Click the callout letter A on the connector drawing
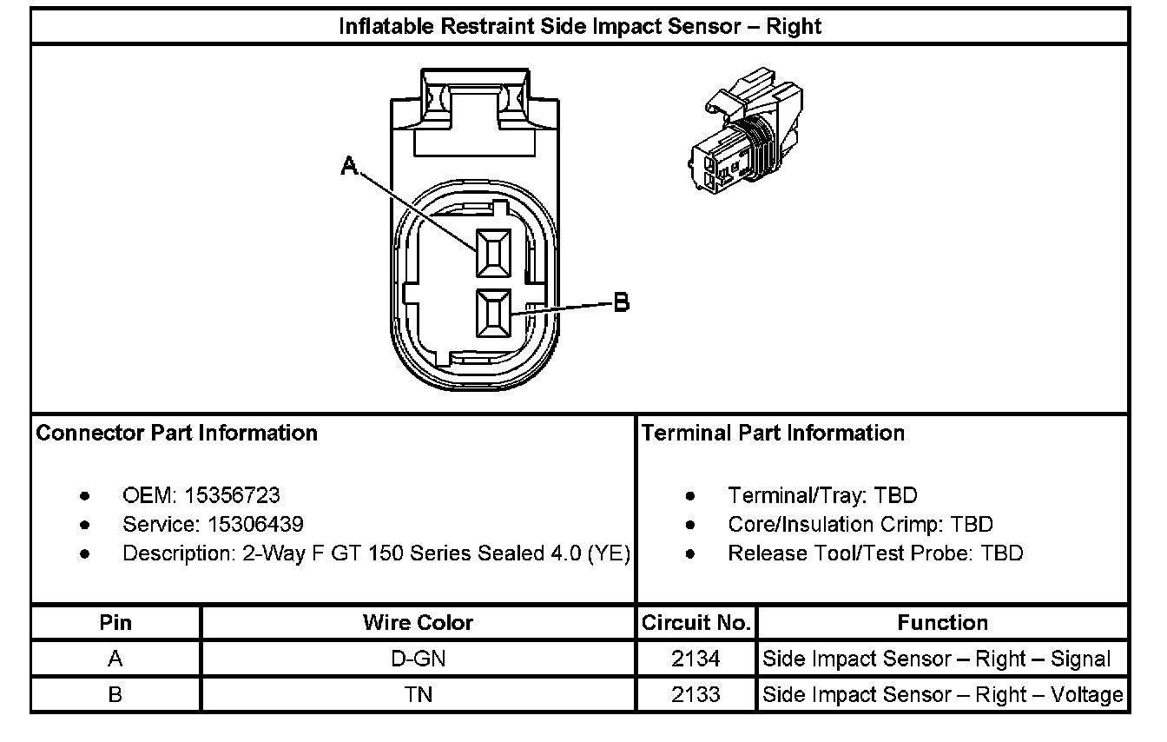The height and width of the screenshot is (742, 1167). [x=349, y=165]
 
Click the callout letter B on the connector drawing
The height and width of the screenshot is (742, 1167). [x=621, y=302]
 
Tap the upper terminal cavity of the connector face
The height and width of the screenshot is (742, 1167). [x=492, y=254]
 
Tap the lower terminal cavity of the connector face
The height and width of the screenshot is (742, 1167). [x=492, y=313]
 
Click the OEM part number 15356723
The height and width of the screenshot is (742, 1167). [x=232, y=495]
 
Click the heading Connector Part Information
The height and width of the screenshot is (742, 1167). [x=176, y=433]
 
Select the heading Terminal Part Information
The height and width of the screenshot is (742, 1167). [x=773, y=433]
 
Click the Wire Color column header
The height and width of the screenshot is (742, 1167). [x=418, y=623]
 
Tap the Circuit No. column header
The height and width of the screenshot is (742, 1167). [x=696, y=623]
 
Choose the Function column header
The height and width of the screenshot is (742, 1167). [x=942, y=623]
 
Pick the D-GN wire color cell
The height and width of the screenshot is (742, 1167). [x=418, y=659]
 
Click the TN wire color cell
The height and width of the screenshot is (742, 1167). [x=418, y=695]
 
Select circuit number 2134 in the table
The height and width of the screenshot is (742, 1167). [x=696, y=659]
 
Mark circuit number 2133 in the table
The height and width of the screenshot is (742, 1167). [x=696, y=695]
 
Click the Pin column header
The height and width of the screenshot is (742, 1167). [x=115, y=623]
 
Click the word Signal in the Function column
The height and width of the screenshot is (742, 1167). [x=1080, y=659]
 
